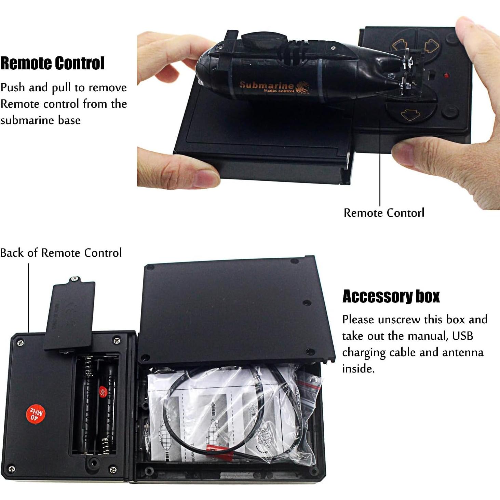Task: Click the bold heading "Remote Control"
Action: coord(52,64)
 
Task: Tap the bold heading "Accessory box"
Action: coord(391,296)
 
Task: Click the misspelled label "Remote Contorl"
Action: coord(384,213)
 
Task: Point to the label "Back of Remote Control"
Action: coord(61,253)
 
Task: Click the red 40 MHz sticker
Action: coord(36,415)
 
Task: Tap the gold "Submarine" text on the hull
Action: coord(266,85)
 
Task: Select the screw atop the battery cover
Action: coord(74,279)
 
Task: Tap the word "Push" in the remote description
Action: coord(13,88)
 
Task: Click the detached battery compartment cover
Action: coord(69,314)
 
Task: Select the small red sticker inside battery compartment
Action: coord(102,392)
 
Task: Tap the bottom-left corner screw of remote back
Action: coord(12,469)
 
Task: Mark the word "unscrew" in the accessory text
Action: coord(399,320)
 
